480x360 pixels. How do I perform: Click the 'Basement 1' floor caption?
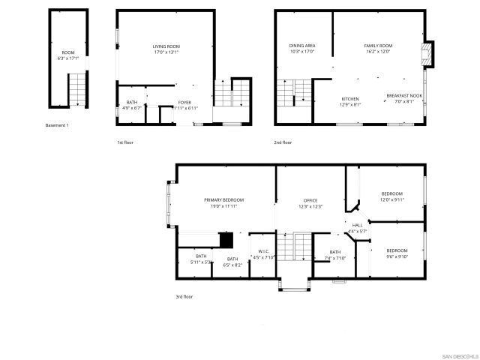[x=57, y=125]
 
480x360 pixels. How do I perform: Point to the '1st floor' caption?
[x=124, y=142]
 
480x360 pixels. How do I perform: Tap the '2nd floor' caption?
[x=283, y=142]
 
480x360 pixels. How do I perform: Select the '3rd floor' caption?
[x=184, y=296]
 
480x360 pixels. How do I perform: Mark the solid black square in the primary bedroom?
[x=226, y=240]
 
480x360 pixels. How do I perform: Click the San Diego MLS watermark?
[x=457, y=355]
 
